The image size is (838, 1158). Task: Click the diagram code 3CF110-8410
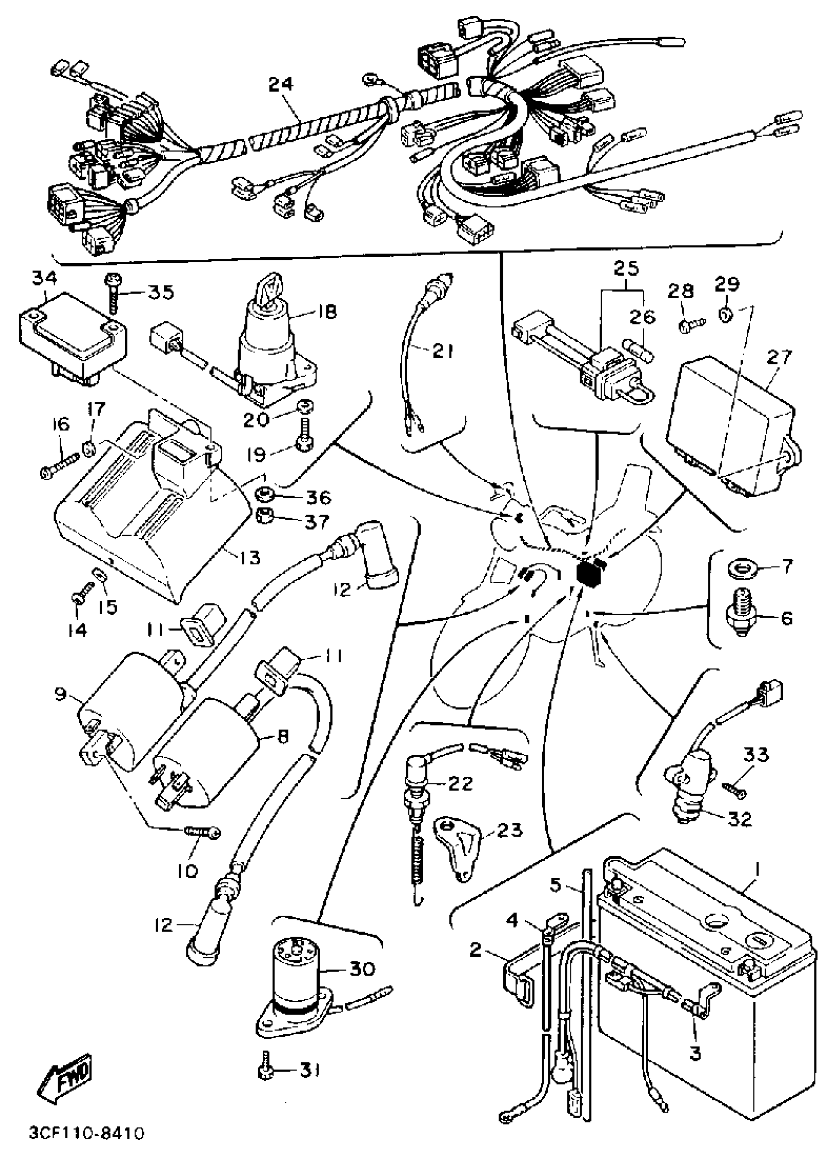point(85,1134)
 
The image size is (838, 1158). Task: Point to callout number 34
point(44,279)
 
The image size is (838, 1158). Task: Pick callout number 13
point(249,557)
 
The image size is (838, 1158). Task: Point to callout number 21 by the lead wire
point(442,352)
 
